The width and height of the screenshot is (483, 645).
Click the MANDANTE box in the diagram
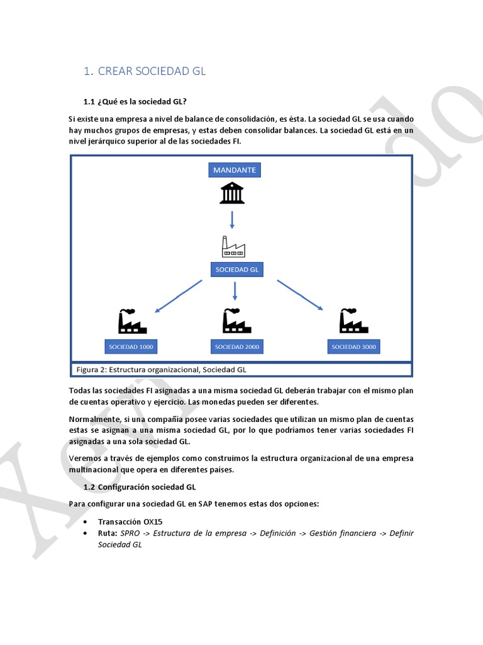(x=235, y=170)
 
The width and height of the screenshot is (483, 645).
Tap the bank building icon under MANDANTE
(x=232, y=193)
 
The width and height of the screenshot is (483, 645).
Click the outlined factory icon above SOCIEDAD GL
(x=233, y=246)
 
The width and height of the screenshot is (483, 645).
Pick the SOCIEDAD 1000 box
(x=131, y=346)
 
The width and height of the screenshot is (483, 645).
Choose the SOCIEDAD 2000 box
(x=237, y=346)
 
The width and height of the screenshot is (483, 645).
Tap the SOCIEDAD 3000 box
(x=354, y=346)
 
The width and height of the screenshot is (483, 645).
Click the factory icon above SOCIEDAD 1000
(x=132, y=321)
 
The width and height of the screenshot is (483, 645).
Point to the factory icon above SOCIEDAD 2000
(x=236, y=321)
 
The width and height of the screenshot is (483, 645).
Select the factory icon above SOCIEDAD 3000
(x=353, y=321)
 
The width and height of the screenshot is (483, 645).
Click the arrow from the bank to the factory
(x=232, y=220)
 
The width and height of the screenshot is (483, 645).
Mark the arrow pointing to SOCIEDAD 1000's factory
(x=178, y=296)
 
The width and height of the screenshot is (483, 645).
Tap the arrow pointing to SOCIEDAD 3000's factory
(x=300, y=295)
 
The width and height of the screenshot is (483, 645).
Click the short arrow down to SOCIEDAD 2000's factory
(x=235, y=291)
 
